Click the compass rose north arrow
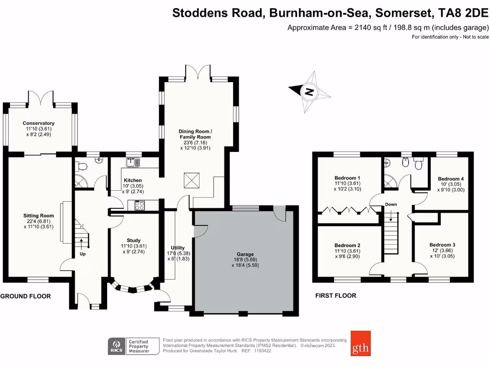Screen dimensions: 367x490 click(x=309, y=91)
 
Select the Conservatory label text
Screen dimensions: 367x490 click(x=40, y=123)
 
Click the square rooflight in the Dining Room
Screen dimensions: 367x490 click(x=190, y=181)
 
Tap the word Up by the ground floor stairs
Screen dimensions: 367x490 click(x=82, y=254)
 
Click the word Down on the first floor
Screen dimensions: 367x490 click(x=391, y=205)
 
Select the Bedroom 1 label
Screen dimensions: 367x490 click(x=348, y=178)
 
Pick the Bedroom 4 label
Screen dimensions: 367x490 click(x=451, y=179)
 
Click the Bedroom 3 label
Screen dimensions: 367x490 click(x=442, y=245)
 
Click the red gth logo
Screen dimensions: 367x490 click(x=360, y=343)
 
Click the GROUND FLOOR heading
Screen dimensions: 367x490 click(x=25, y=296)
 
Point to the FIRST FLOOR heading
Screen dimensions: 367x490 click(x=335, y=296)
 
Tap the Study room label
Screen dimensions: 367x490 click(x=134, y=240)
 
